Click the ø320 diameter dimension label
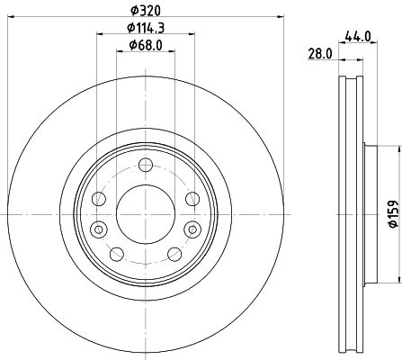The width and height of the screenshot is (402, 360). click(x=145, y=9)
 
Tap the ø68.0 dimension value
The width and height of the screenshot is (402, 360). click(x=145, y=45)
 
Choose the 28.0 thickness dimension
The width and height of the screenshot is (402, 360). click(x=319, y=54)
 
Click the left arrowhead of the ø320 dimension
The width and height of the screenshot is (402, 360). click(x=11, y=16)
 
